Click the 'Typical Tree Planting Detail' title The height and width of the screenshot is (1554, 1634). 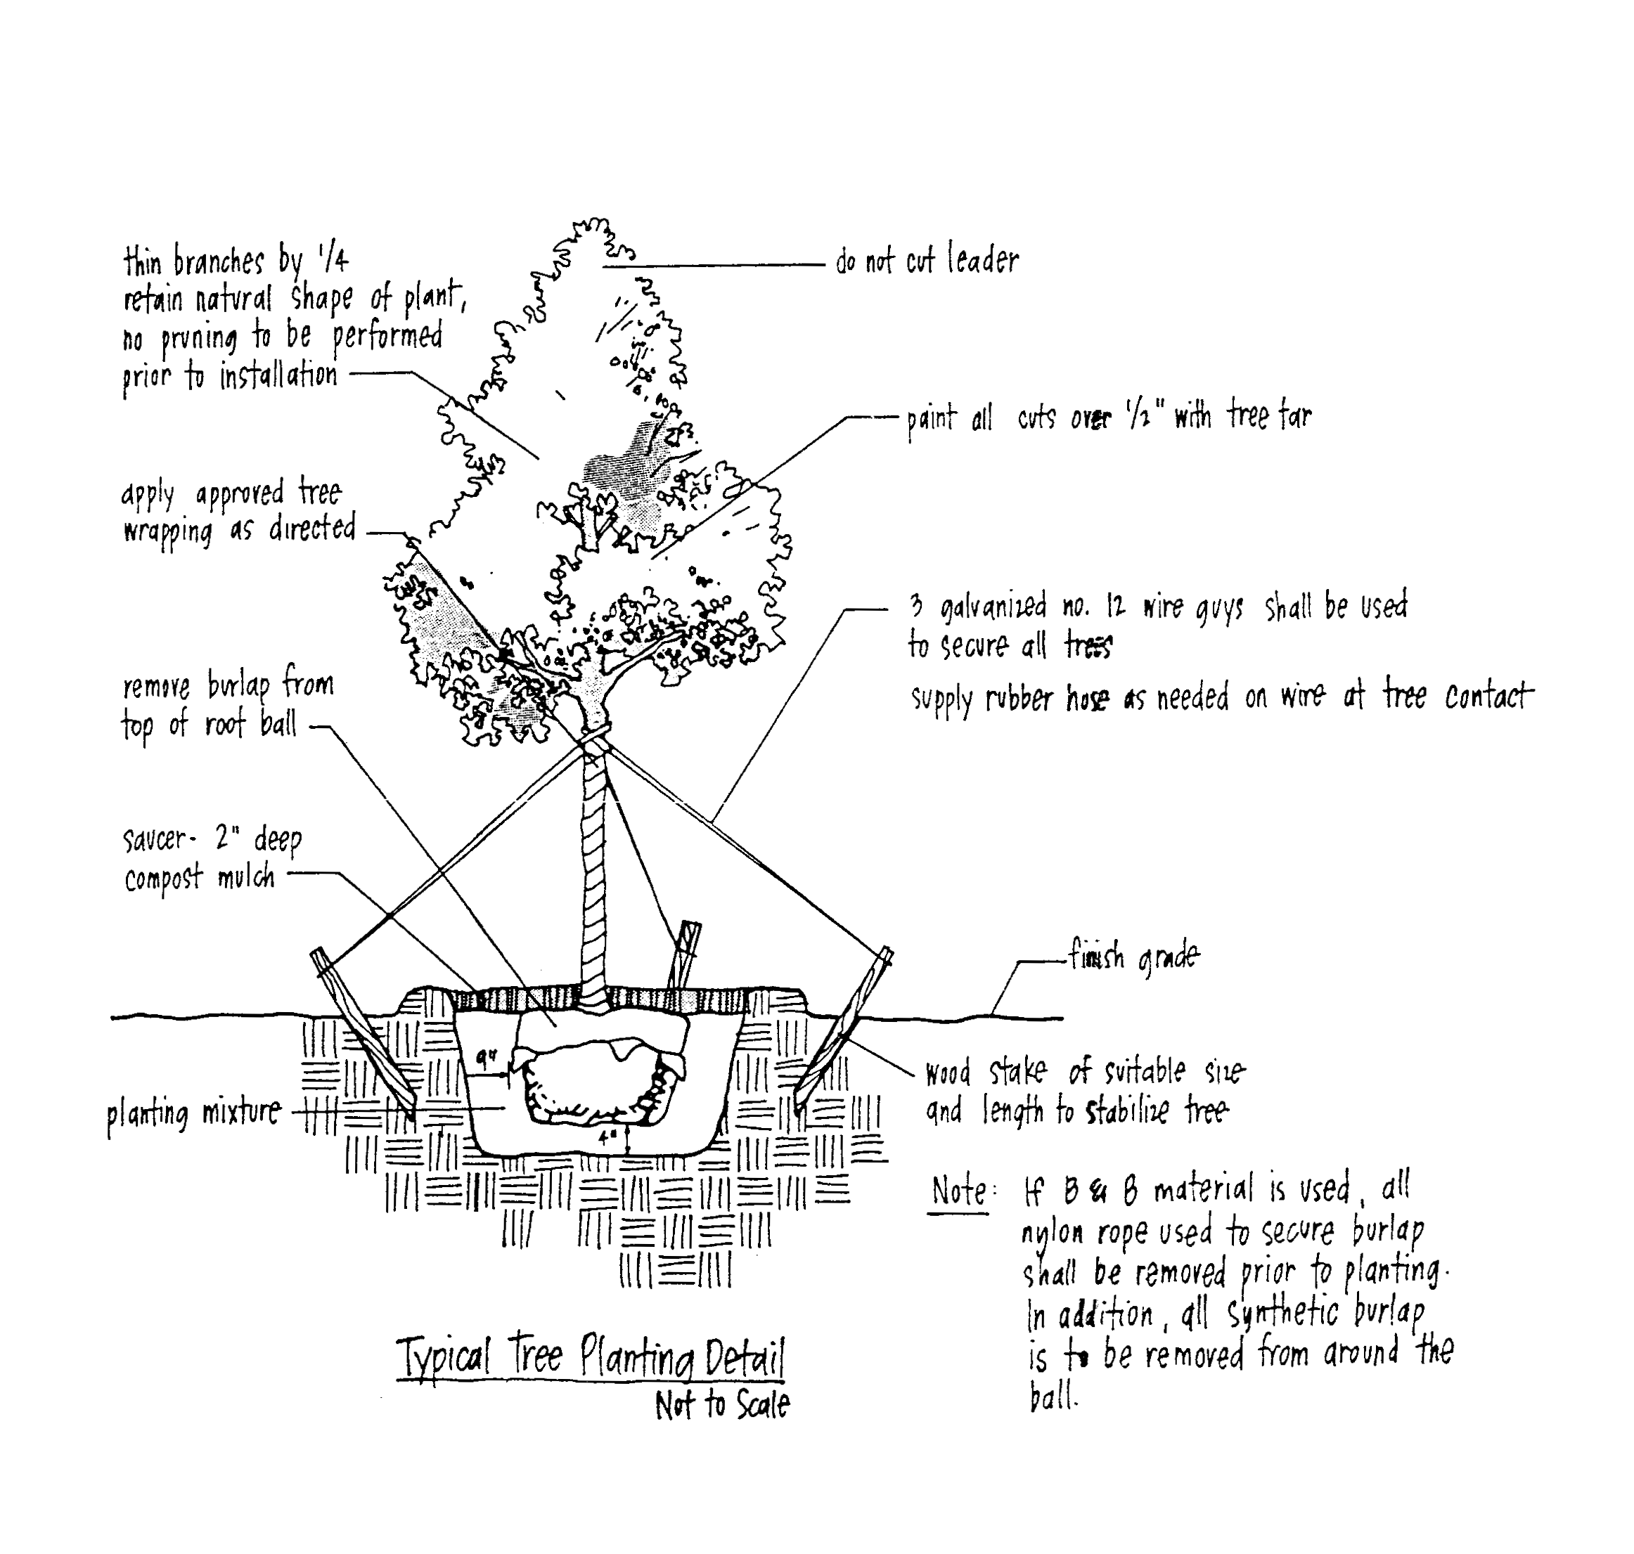(x=590, y=1356)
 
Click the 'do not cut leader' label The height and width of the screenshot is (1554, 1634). (x=927, y=260)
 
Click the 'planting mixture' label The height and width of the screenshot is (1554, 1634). (x=194, y=1113)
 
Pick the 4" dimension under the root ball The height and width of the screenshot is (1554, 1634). (x=607, y=1138)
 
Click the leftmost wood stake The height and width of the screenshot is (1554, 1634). (x=363, y=1031)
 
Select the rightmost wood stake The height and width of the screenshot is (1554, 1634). (x=844, y=1027)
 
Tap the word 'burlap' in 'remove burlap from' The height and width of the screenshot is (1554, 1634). (x=238, y=687)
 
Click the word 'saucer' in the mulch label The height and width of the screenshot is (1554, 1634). (x=155, y=839)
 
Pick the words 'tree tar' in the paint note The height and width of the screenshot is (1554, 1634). (x=1269, y=414)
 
